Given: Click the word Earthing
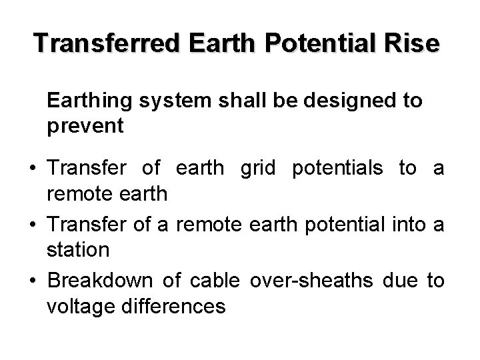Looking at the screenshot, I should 91,101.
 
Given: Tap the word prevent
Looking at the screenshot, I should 85,126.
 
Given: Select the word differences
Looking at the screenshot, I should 178,307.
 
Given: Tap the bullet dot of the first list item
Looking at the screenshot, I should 33,169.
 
